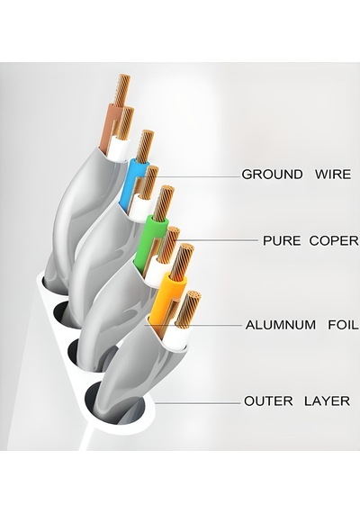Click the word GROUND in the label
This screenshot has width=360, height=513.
pyautogui.click(x=272, y=174)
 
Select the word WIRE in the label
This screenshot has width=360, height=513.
pyautogui.click(x=333, y=174)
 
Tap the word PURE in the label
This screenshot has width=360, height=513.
pyautogui.click(x=282, y=241)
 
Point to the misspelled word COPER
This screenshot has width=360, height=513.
pyautogui.click(x=334, y=241)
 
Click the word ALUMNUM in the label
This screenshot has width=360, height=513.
pyautogui.click(x=281, y=325)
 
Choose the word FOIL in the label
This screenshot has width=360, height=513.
pyautogui.click(x=343, y=325)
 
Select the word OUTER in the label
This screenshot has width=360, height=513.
pyautogui.click(x=268, y=401)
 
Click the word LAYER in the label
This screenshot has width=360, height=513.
pyautogui.click(x=327, y=401)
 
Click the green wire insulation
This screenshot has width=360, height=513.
pyautogui.click(x=149, y=240)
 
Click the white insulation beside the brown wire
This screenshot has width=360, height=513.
pyautogui.click(x=119, y=148)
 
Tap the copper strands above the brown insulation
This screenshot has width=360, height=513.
pyautogui.click(x=122, y=89)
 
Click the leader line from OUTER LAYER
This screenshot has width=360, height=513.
pyautogui.click(x=198, y=403)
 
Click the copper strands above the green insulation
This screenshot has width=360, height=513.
pyautogui.click(x=164, y=202)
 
